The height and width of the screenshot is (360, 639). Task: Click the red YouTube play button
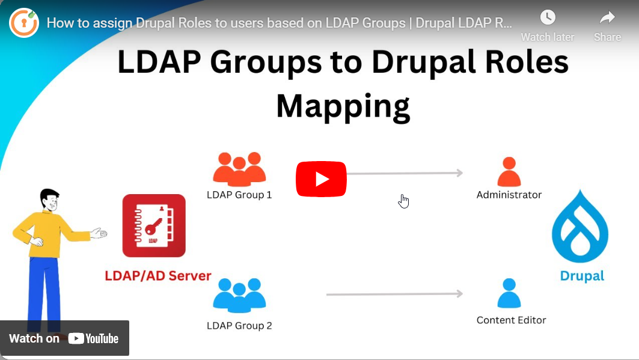[x=321, y=179]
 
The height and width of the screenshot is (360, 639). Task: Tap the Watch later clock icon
[x=548, y=17]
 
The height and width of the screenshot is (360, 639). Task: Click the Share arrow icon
[x=607, y=17]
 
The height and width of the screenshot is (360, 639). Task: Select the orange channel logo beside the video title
[x=24, y=23]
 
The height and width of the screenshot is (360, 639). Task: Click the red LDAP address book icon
[x=154, y=225]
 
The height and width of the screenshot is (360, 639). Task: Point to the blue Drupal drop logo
[x=580, y=227]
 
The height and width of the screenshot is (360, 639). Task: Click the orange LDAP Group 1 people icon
[x=239, y=169]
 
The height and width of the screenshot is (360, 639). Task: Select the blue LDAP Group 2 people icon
[x=239, y=296]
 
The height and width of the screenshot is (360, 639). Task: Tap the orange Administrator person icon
[x=509, y=172]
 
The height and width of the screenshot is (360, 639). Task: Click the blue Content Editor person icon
[x=509, y=293]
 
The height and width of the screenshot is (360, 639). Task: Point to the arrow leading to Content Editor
[x=394, y=294]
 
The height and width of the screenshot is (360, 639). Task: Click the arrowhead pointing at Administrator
[x=459, y=173]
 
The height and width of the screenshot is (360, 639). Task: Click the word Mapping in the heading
[x=343, y=107]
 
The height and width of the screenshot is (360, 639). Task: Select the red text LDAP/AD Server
[x=158, y=276]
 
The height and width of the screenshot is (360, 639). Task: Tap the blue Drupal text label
[x=582, y=276]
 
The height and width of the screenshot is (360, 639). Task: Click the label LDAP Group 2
[x=239, y=326]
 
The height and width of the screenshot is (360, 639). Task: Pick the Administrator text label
[x=509, y=195]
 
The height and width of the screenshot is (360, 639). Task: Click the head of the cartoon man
[x=50, y=200]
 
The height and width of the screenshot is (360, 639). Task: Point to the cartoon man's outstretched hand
[x=99, y=233]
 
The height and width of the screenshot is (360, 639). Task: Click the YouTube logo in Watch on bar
[x=93, y=338]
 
